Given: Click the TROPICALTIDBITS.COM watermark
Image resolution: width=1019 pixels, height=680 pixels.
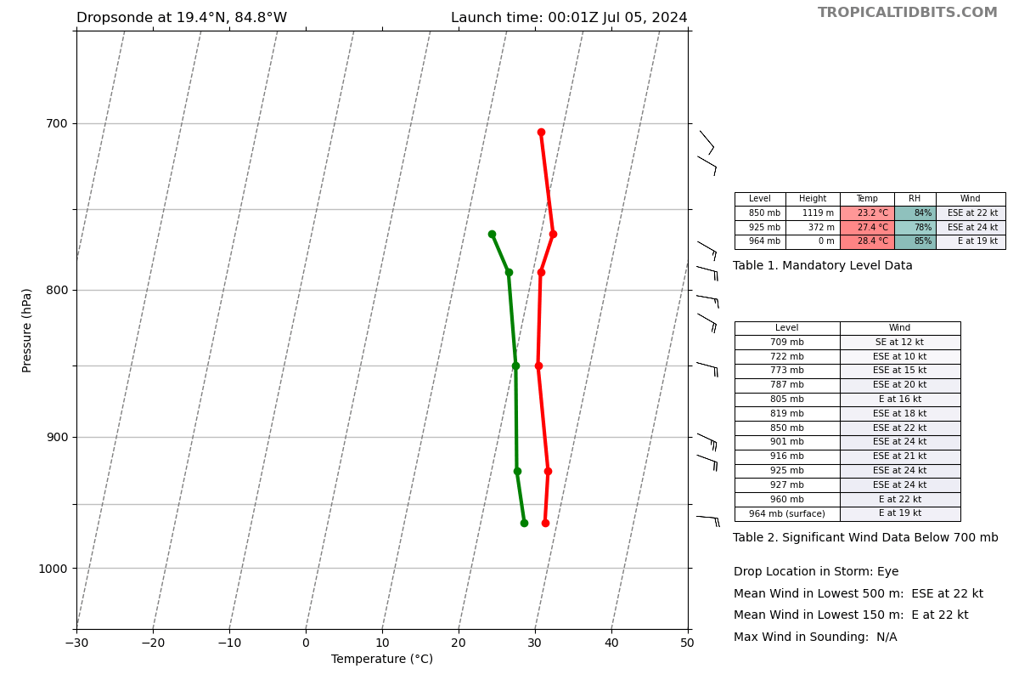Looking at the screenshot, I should tap(907, 13).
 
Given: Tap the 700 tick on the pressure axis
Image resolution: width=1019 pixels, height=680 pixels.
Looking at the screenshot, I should tap(57, 123).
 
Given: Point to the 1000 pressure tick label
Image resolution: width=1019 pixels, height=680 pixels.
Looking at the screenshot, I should tap(53, 568).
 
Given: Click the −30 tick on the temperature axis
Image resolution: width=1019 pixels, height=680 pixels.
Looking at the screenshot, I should tap(76, 643).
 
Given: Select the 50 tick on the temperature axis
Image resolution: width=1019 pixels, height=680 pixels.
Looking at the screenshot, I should tap(687, 643).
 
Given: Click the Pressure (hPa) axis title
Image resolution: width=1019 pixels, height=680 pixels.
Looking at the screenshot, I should tap(28, 330).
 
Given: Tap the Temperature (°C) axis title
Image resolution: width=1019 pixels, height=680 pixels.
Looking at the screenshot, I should tap(382, 660).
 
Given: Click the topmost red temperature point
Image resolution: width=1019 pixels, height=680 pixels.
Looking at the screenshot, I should tap(541, 133).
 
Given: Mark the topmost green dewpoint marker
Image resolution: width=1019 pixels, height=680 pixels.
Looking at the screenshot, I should tap(492, 235).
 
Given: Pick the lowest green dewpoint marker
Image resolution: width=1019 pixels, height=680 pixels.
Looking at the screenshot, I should tap(524, 523).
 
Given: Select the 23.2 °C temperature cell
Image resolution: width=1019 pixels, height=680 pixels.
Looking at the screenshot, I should tap(867, 213).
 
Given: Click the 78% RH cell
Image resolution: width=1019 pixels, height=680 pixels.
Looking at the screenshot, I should tap(915, 228).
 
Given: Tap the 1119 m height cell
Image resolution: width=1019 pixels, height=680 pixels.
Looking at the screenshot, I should tap(813, 213).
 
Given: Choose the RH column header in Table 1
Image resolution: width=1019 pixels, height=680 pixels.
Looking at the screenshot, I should tap(915, 199).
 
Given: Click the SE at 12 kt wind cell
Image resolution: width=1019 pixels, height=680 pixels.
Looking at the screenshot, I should tap(899, 343).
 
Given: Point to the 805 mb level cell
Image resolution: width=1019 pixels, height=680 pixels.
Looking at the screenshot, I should tap(786, 399).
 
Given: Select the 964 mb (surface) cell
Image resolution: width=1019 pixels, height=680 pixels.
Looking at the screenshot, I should tap(786, 513).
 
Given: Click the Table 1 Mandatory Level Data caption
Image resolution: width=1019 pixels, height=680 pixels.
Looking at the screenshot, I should tap(822, 266).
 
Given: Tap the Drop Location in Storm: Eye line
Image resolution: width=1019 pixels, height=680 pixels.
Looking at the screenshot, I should tap(815, 572).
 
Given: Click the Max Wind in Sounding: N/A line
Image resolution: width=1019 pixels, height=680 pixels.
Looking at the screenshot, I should tap(814, 637).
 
